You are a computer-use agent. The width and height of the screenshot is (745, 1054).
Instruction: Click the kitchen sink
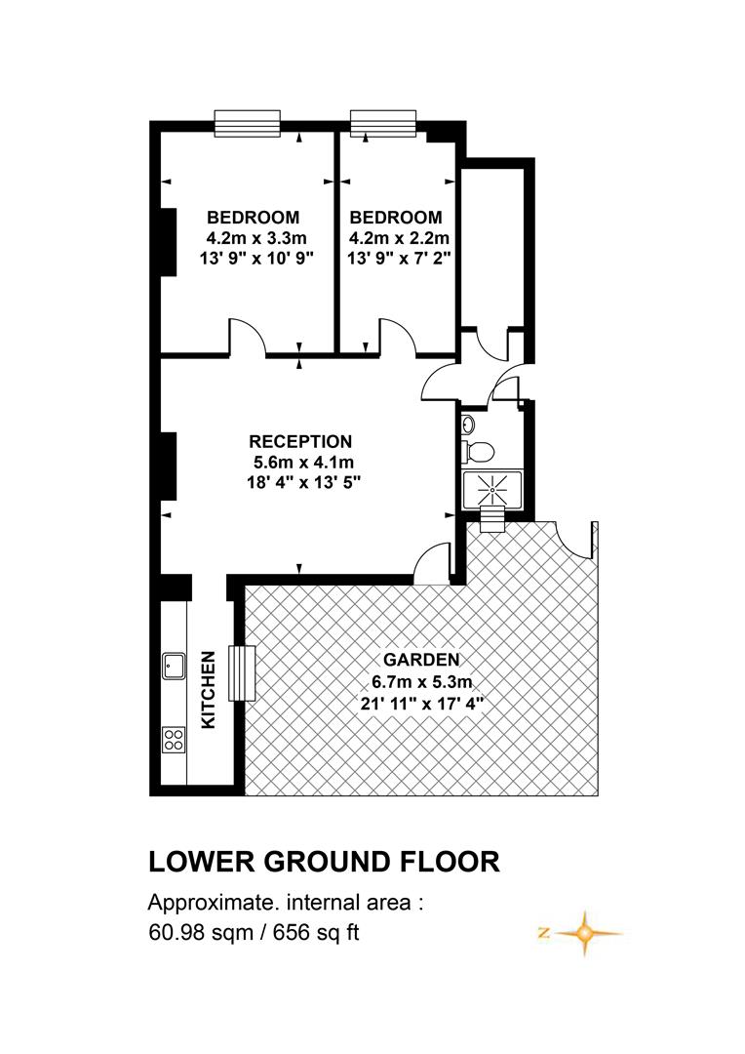coord(174,666)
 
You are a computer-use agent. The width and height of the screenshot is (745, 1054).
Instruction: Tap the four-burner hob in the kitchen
coord(174,740)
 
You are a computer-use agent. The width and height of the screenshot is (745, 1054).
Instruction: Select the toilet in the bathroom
coord(478,450)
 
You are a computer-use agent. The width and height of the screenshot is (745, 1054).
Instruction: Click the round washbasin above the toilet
coord(469,425)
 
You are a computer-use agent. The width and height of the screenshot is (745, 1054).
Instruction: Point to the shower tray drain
coord(492,491)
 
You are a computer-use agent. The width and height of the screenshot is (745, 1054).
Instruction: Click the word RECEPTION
coord(300,442)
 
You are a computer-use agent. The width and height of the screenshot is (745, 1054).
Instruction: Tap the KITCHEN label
coord(209,690)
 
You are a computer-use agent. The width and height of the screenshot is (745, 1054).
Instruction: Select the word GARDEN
coord(421,660)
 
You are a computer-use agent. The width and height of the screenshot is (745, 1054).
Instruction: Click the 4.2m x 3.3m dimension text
coord(256,237)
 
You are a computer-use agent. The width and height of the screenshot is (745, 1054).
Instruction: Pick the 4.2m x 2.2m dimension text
coord(399,237)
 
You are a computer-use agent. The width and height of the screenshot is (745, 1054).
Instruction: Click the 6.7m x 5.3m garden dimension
coord(422,681)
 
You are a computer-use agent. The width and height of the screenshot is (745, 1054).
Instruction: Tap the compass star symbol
coord(584,934)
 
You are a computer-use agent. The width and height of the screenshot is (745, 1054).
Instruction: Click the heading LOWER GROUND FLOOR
coord(324,862)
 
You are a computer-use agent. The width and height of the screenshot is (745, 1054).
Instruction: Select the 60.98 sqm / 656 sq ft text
coord(254,933)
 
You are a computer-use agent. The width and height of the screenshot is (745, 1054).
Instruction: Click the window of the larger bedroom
coord(248,124)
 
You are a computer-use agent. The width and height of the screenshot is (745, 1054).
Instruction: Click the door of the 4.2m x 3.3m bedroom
coord(249,336)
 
